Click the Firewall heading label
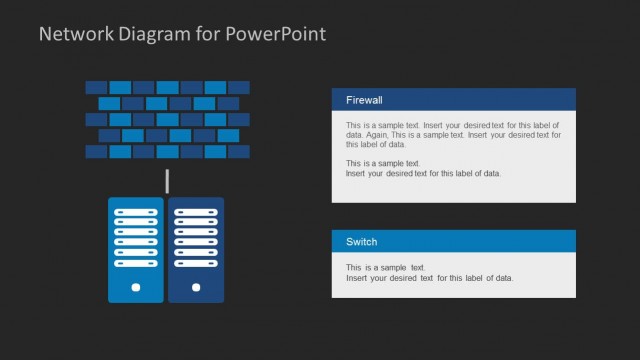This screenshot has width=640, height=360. [x=364, y=100]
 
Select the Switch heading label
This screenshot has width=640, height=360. [x=361, y=242]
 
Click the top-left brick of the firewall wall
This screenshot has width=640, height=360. [x=96, y=87]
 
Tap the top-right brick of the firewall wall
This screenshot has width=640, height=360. [x=239, y=87]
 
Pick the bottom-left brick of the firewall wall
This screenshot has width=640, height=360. [x=96, y=152]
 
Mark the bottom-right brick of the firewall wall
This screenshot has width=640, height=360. [x=239, y=152]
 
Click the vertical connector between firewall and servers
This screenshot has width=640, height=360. [x=167, y=182]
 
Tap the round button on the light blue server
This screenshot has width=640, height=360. [x=136, y=288]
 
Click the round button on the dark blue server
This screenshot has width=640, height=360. [x=196, y=288]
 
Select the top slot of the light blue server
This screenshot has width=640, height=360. [x=136, y=213]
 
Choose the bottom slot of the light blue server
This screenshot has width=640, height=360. [x=136, y=263]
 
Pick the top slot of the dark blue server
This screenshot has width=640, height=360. [x=196, y=213]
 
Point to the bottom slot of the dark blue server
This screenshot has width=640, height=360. [x=196, y=263]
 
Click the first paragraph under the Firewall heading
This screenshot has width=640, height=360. [x=453, y=134]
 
